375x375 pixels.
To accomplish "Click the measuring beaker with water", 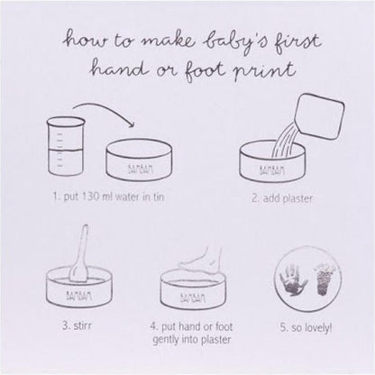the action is tap(66, 146).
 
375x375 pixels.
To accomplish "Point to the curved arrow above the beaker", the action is tap(104, 111).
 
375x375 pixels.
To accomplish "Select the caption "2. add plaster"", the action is tap(282, 198).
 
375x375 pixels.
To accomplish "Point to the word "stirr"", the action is tap(82, 325).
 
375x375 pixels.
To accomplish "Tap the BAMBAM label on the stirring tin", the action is tap(78, 296).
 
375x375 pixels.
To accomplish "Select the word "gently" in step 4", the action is tap(166, 340).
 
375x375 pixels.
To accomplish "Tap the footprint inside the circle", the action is tap(324, 279).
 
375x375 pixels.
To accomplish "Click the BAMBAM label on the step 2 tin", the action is tap(271, 170).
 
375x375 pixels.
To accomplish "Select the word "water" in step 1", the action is tap(128, 197).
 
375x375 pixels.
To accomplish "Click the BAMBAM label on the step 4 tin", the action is tap(193, 297).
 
